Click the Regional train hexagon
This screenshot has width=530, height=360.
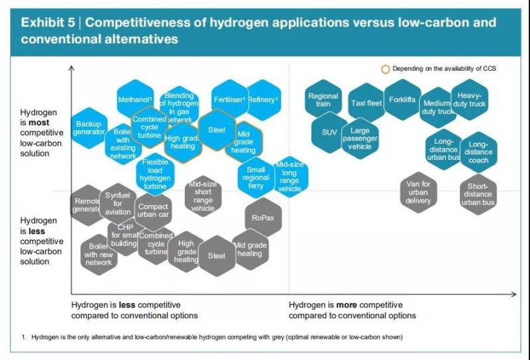point(323,100)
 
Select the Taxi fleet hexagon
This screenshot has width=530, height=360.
point(366,103)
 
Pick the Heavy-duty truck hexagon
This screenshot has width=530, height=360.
point(470,100)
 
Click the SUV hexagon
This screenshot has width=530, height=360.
point(329,132)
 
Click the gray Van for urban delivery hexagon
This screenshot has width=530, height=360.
point(418,192)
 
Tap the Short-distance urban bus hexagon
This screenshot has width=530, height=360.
point(478,194)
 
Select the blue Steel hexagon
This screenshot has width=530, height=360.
point(217,130)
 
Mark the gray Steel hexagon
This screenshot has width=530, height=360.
point(217,256)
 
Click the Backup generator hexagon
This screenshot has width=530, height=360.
point(88,128)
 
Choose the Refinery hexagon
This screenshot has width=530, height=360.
point(262,100)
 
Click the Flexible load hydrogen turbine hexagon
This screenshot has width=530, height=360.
point(155,174)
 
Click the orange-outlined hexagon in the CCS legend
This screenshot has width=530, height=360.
point(386,69)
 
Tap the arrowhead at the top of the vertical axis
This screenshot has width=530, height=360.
point(72,68)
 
